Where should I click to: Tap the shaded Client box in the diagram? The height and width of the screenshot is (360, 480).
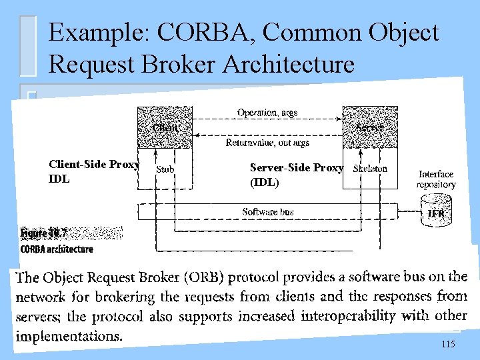[x=165, y=127]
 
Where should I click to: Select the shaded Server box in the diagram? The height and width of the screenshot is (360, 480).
[x=370, y=127]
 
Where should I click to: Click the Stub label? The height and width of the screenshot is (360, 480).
[x=165, y=169]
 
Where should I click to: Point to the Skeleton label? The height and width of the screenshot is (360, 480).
[x=370, y=169]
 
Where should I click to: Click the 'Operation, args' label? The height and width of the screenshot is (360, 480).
[x=267, y=113]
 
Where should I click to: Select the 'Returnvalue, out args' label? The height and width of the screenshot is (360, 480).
[x=267, y=143]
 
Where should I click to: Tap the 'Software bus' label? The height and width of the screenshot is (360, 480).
[x=268, y=212]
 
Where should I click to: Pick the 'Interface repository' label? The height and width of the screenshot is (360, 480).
[x=437, y=179]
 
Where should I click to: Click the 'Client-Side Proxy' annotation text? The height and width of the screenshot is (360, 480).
[x=94, y=165]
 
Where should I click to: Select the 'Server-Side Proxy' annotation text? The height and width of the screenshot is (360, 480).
[x=296, y=168]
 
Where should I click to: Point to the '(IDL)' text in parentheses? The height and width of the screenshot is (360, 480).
[x=265, y=183]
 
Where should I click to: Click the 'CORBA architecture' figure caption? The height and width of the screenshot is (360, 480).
[x=57, y=249]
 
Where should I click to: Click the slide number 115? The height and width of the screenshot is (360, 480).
[x=448, y=344]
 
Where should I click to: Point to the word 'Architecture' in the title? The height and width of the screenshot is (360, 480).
[x=289, y=65]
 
